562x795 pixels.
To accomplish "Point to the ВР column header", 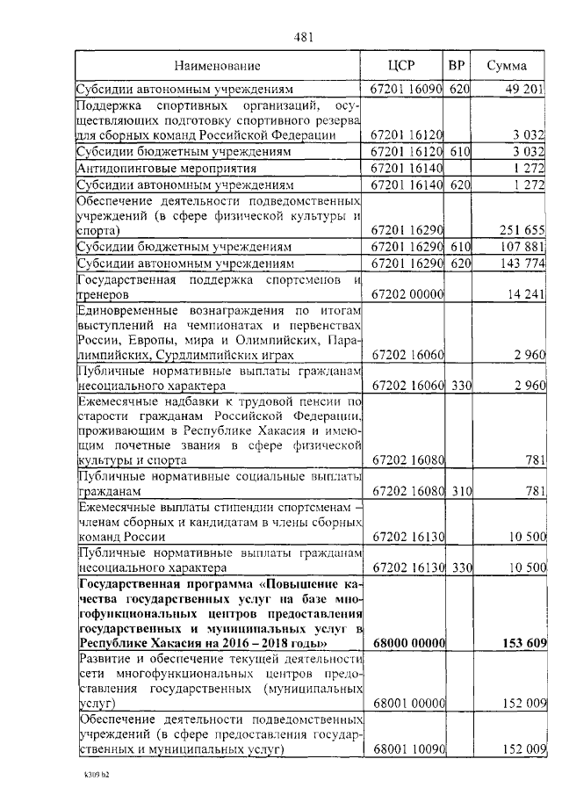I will [457, 66].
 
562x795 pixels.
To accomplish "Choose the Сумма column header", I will [507, 66].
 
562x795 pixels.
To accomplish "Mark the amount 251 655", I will [523, 230].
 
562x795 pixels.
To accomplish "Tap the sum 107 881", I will [523, 247].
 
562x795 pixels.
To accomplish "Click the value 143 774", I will [523, 264].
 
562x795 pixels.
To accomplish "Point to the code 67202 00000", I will [408, 296].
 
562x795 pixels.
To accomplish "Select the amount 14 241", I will [527, 296].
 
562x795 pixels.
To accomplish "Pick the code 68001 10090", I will [408, 749].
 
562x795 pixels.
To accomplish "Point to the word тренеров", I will [104, 296].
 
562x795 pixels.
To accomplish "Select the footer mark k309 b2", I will [96, 777].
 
